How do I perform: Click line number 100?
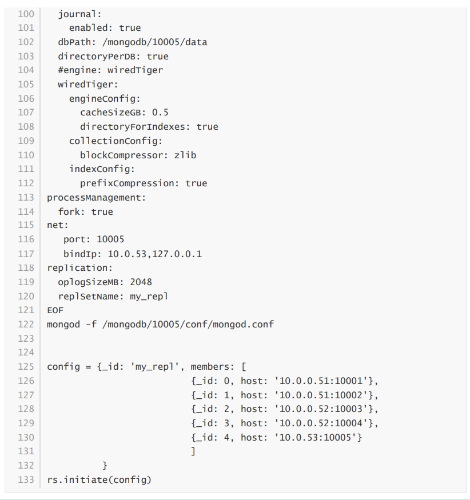(26, 14)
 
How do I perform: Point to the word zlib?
(185, 155)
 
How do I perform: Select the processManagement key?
(96, 198)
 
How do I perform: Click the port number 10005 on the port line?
(110, 239)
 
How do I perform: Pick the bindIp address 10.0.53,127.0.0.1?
(155, 254)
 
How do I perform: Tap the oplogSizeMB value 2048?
(141, 282)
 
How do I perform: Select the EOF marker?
(55, 310)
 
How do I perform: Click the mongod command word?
(63, 324)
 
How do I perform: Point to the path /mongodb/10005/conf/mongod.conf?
(185, 324)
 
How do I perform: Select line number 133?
(26, 479)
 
